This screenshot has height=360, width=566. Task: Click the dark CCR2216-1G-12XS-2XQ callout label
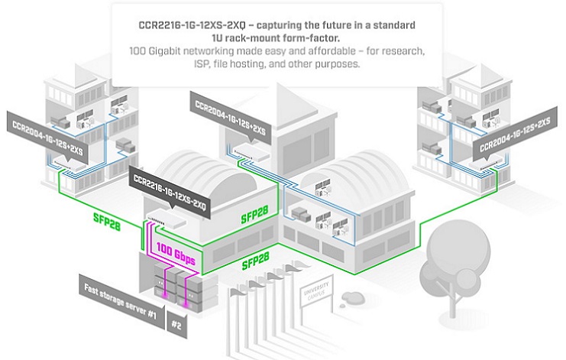170,183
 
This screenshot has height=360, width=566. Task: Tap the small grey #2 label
175,324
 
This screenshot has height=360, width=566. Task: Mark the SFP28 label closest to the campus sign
260,264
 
